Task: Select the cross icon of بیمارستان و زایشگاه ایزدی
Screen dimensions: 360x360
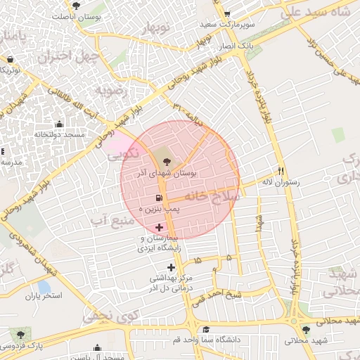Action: (x=159, y=227)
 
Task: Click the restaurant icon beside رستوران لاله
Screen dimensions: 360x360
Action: (x=281, y=171)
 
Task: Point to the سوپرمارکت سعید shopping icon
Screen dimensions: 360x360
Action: (x=226, y=13)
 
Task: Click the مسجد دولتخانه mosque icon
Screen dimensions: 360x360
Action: (x=59, y=124)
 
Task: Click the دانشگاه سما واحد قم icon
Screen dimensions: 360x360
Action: (x=205, y=329)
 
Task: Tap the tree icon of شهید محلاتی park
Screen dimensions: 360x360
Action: (x=304, y=329)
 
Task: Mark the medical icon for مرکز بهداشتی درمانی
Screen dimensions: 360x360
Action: (x=171, y=266)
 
